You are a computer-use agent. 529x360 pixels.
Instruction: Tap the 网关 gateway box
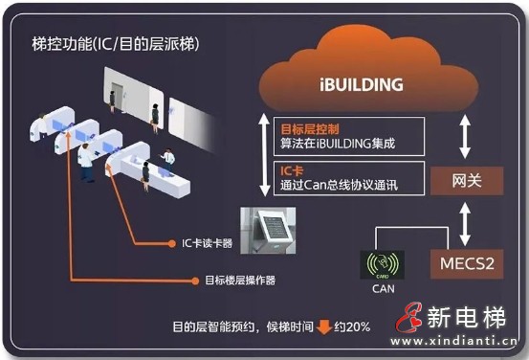[466, 178]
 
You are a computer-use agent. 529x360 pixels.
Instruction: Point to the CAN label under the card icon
[383, 284]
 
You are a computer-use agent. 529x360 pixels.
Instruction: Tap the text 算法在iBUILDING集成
[336, 145]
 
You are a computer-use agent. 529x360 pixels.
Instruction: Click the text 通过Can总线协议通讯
[336, 185]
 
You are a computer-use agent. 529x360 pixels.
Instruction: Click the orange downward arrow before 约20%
[324, 326]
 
